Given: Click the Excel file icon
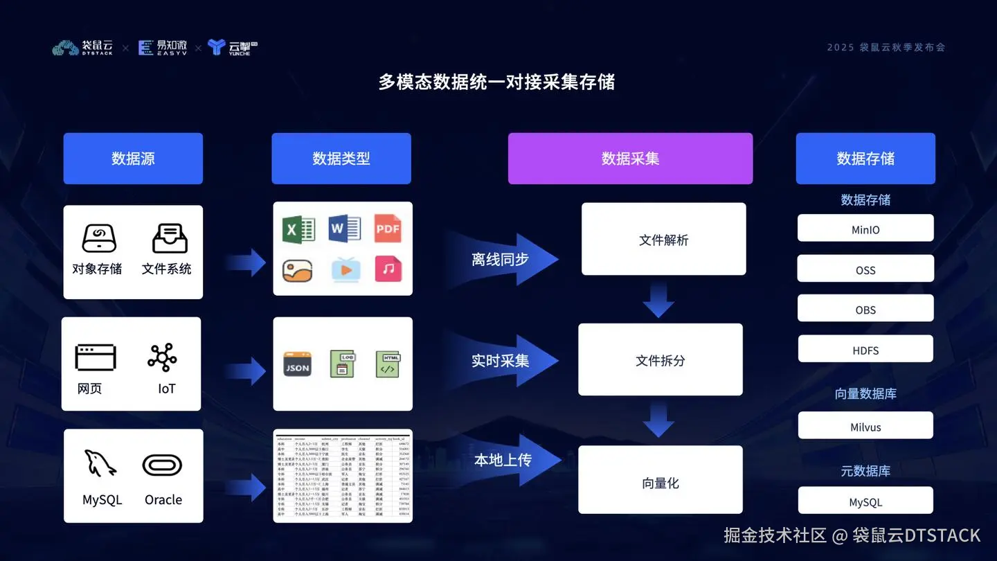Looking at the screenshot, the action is point(298,229).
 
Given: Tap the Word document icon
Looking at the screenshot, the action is point(344,229).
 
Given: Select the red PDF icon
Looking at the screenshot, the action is point(388,229).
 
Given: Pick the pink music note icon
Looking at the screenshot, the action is point(388,269).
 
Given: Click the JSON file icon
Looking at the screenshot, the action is point(298,364).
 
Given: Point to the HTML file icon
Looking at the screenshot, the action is point(388,364).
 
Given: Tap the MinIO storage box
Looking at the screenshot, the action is point(865,229).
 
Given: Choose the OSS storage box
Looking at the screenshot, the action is point(865,269).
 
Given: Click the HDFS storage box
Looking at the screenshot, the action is point(865,350).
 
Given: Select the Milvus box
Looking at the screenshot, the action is point(865,426).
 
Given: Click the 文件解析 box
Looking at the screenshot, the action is point(663,240).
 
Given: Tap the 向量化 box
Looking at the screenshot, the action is point(660,483).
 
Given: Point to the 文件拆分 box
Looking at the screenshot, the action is point(660,360).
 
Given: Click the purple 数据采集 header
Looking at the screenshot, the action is point(630,159).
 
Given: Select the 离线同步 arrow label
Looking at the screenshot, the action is point(501,260).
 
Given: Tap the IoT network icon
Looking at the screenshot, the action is point(163,357).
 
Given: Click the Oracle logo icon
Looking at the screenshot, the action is point(163,465).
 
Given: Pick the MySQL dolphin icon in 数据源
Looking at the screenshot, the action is point(100,463).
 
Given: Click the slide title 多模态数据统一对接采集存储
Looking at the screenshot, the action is point(497,82).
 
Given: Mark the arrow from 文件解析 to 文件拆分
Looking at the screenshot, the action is point(658,299).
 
